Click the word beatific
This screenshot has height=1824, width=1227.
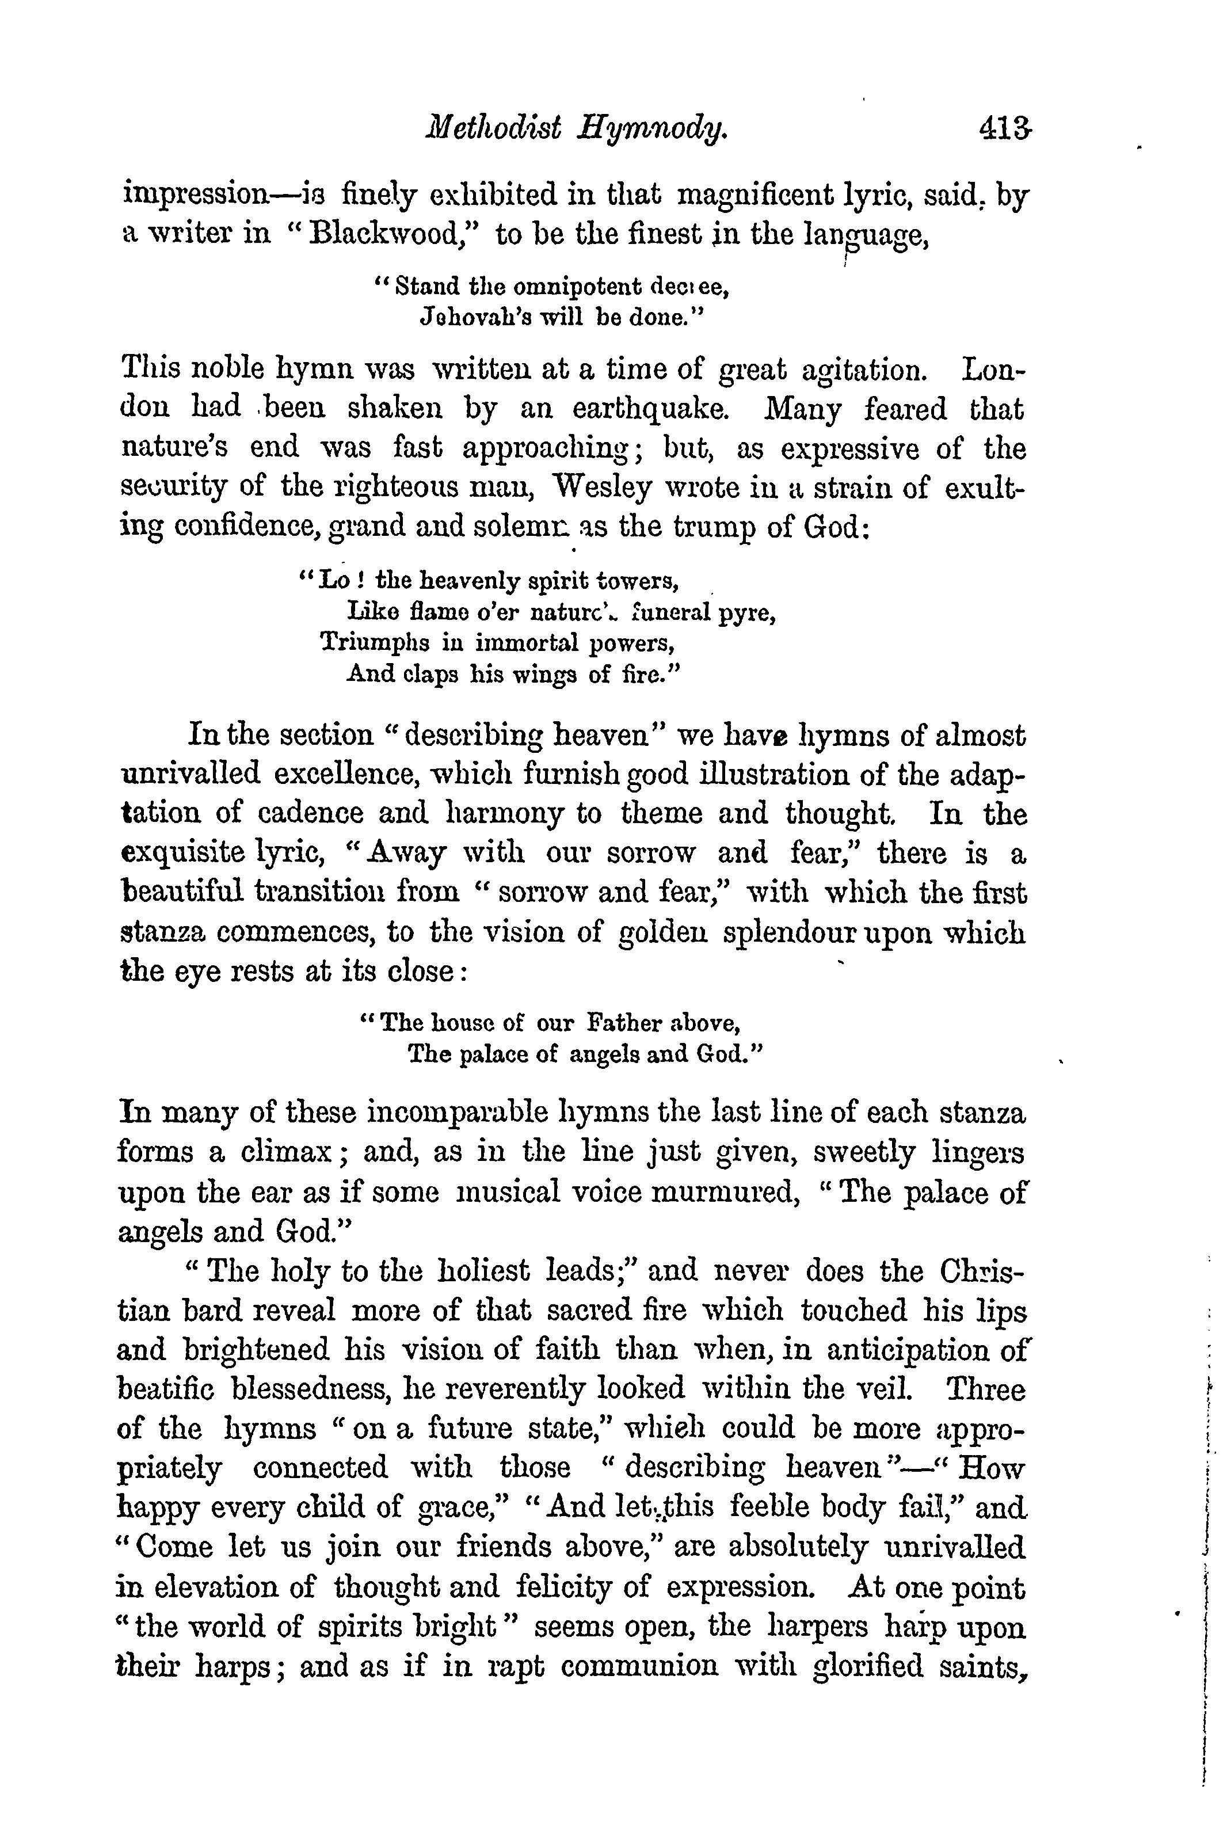click(x=165, y=1389)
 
